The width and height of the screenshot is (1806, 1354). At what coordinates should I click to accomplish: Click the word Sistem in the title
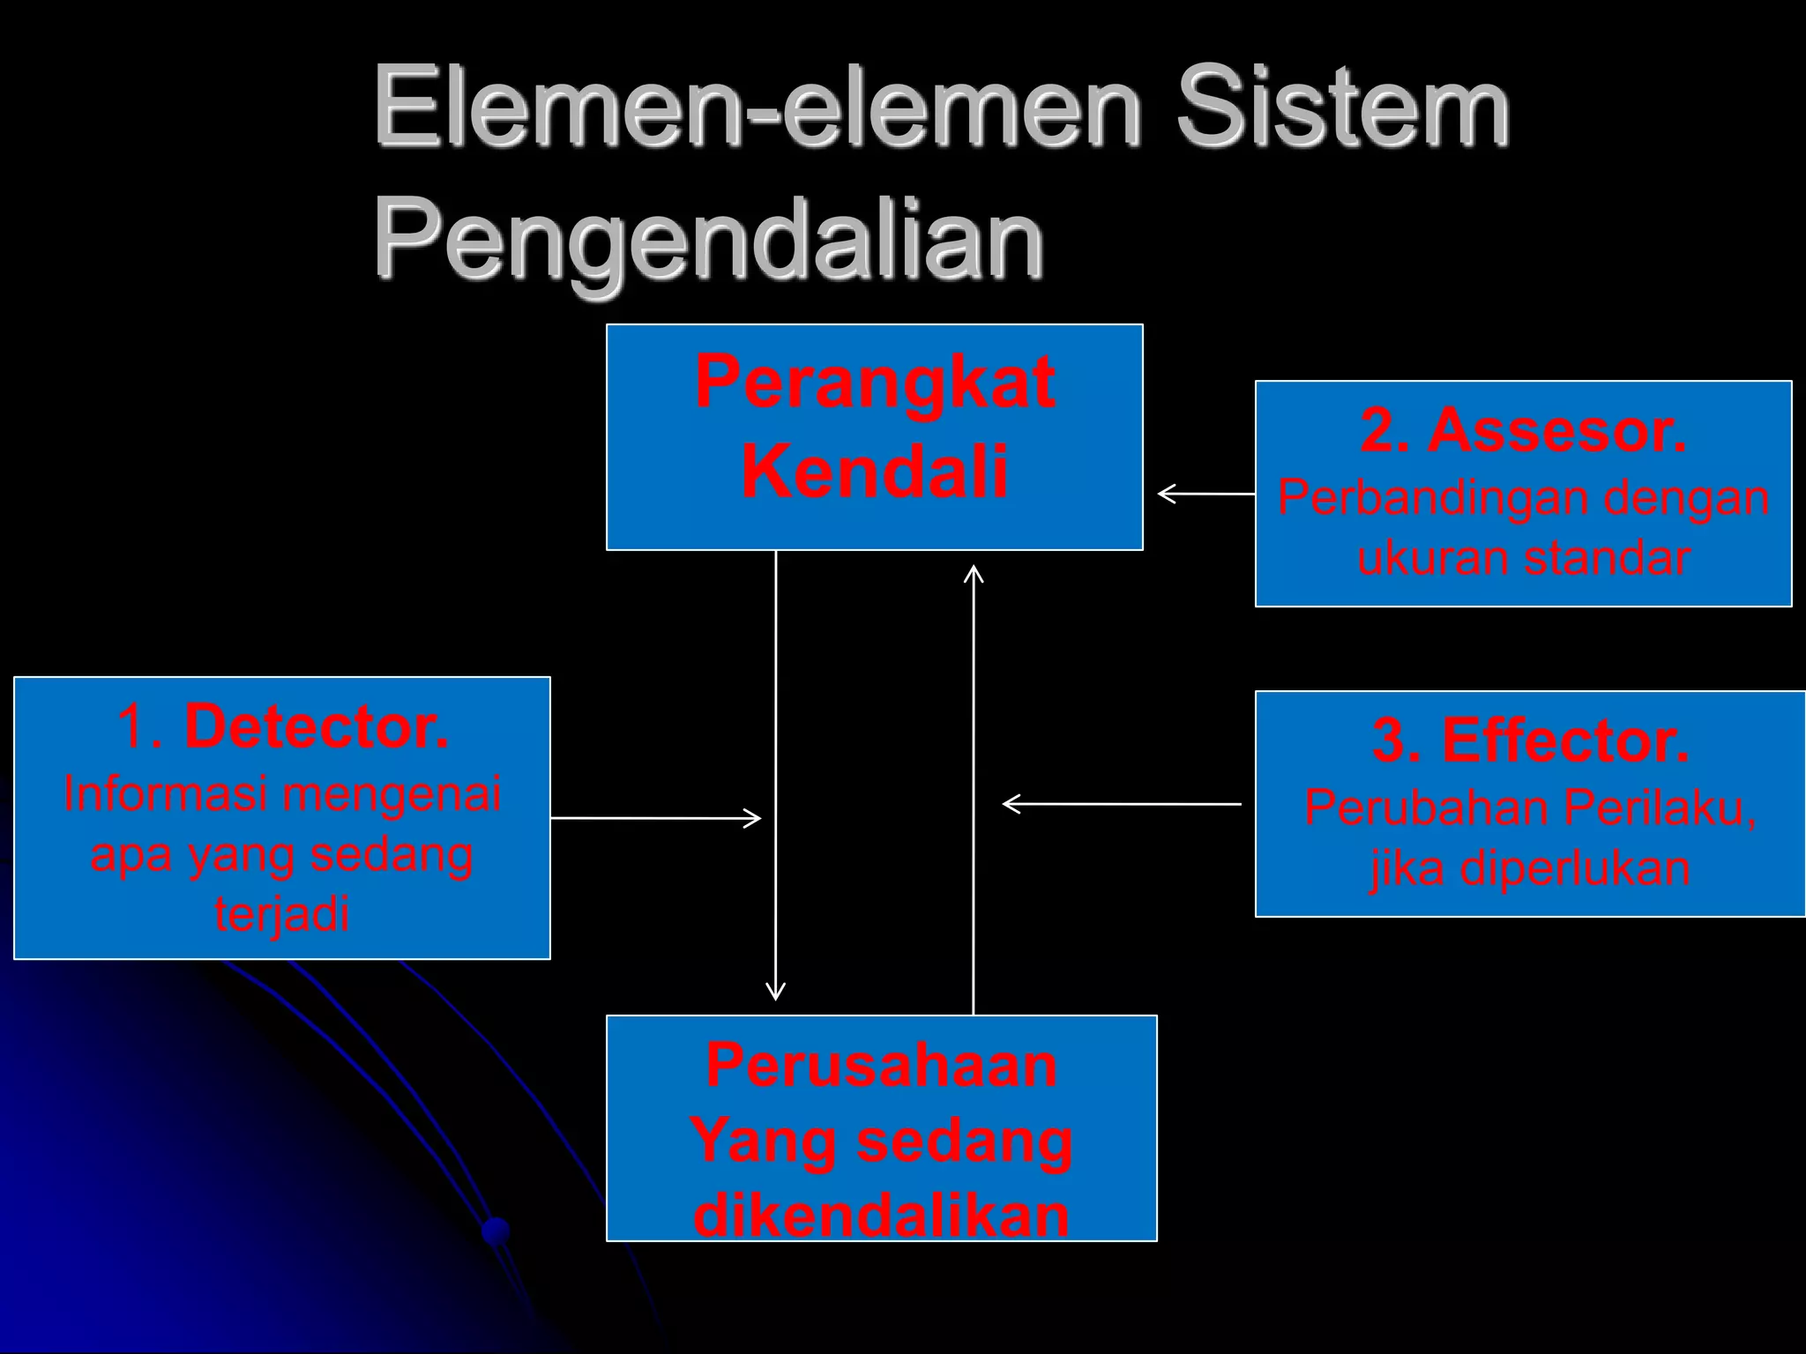click(x=1342, y=108)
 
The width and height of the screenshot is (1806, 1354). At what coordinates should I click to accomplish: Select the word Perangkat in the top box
click(x=875, y=383)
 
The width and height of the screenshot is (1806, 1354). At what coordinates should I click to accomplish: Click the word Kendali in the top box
click(x=875, y=471)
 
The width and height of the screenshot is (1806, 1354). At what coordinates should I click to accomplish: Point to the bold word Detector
click(x=317, y=728)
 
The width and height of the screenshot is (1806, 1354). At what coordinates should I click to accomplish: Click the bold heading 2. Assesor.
click(x=1523, y=432)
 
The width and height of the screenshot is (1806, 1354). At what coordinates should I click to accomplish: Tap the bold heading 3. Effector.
click(x=1530, y=741)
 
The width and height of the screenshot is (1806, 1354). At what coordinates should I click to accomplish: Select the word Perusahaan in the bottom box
click(x=881, y=1065)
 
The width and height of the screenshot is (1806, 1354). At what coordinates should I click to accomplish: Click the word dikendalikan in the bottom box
click(x=881, y=1216)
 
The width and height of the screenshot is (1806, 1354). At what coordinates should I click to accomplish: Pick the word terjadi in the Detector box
click(x=282, y=914)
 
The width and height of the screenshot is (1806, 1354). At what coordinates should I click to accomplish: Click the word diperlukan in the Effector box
click(x=1575, y=868)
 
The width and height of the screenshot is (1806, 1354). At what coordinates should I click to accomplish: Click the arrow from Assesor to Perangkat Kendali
click(x=1205, y=495)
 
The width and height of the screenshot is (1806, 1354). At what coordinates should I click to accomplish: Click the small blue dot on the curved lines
click(x=496, y=1229)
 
